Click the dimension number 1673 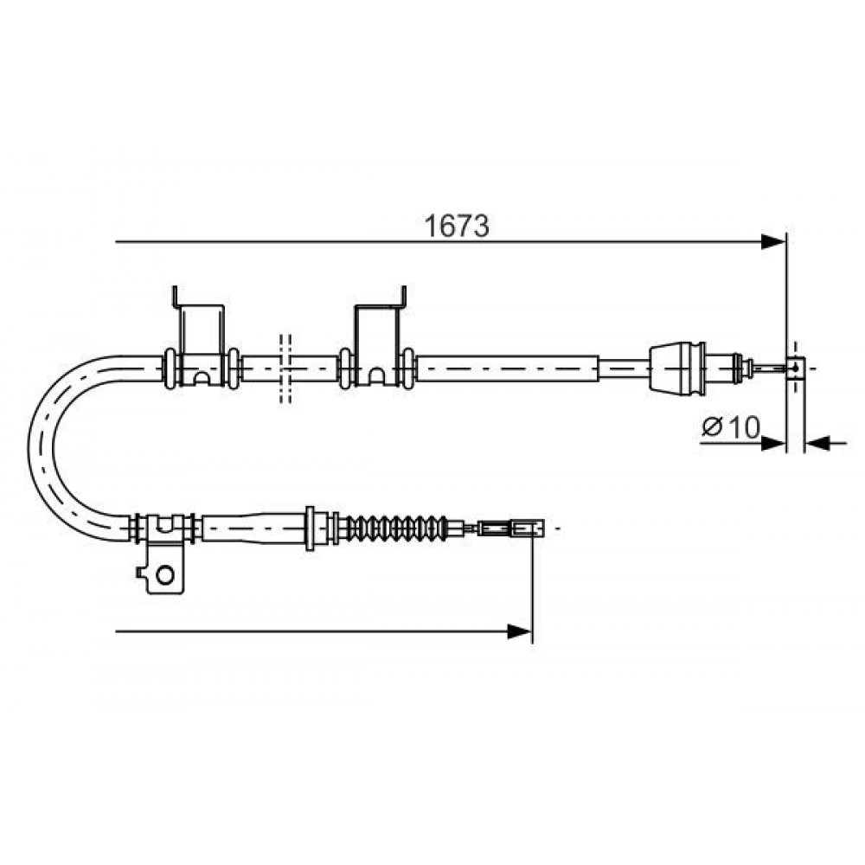click(456, 226)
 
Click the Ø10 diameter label click(730, 426)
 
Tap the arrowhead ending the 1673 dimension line click(772, 241)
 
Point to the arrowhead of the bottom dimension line click(520, 631)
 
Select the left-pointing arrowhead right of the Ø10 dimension click(818, 442)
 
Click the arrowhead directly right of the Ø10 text click(772, 442)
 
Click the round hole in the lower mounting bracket click(164, 575)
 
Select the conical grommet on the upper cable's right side click(677, 368)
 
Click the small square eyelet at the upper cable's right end click(795, 368)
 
